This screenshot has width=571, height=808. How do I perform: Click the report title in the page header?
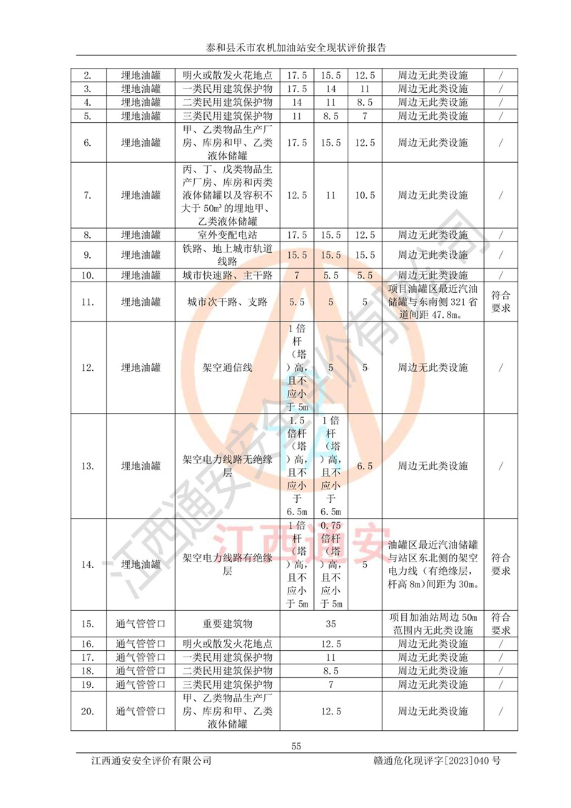click(x=285, y=48)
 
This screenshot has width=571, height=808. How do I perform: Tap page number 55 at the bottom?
click(x=297, y=747)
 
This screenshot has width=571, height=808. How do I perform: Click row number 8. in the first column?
click(x=88, y=234)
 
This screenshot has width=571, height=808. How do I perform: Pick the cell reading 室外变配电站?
click(x=227, y=234)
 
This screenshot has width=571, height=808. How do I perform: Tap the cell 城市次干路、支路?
click(x=227, y=302)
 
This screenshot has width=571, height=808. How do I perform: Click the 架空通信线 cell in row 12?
click(x=227, y=368)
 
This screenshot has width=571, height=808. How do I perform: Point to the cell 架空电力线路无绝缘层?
click(x=227, y=467)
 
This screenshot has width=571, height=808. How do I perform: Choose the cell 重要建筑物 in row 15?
click(x=227, y=624)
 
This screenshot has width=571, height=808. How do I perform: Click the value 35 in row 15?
click(x=330, y=624)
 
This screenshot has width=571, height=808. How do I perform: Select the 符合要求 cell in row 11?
click(x=501, y=302)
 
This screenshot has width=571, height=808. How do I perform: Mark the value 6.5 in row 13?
click(x=365, y=467)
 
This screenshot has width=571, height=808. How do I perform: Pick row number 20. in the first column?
click(x=88, y=712)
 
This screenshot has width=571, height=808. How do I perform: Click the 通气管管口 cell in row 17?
click(x=141, y=657)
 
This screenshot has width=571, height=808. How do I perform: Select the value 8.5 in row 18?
click(x=330, y=670)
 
